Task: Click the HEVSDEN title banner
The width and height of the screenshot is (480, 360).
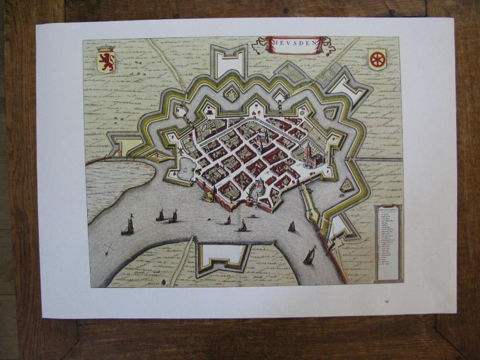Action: [294, 45]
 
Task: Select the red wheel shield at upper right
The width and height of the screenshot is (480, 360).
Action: [377, 60]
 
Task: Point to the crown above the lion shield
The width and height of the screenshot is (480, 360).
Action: [105, 48]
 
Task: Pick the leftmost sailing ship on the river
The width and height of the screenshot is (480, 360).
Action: [128, 226]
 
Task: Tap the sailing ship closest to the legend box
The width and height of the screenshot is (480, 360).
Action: [309, 257]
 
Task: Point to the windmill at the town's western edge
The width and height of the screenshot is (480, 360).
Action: [180, 151]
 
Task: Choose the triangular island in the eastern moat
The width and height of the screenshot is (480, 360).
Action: [347, 186]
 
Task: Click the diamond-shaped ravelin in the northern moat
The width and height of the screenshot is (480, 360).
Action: [231, 94]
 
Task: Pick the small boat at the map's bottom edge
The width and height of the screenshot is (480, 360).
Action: [164, 282]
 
